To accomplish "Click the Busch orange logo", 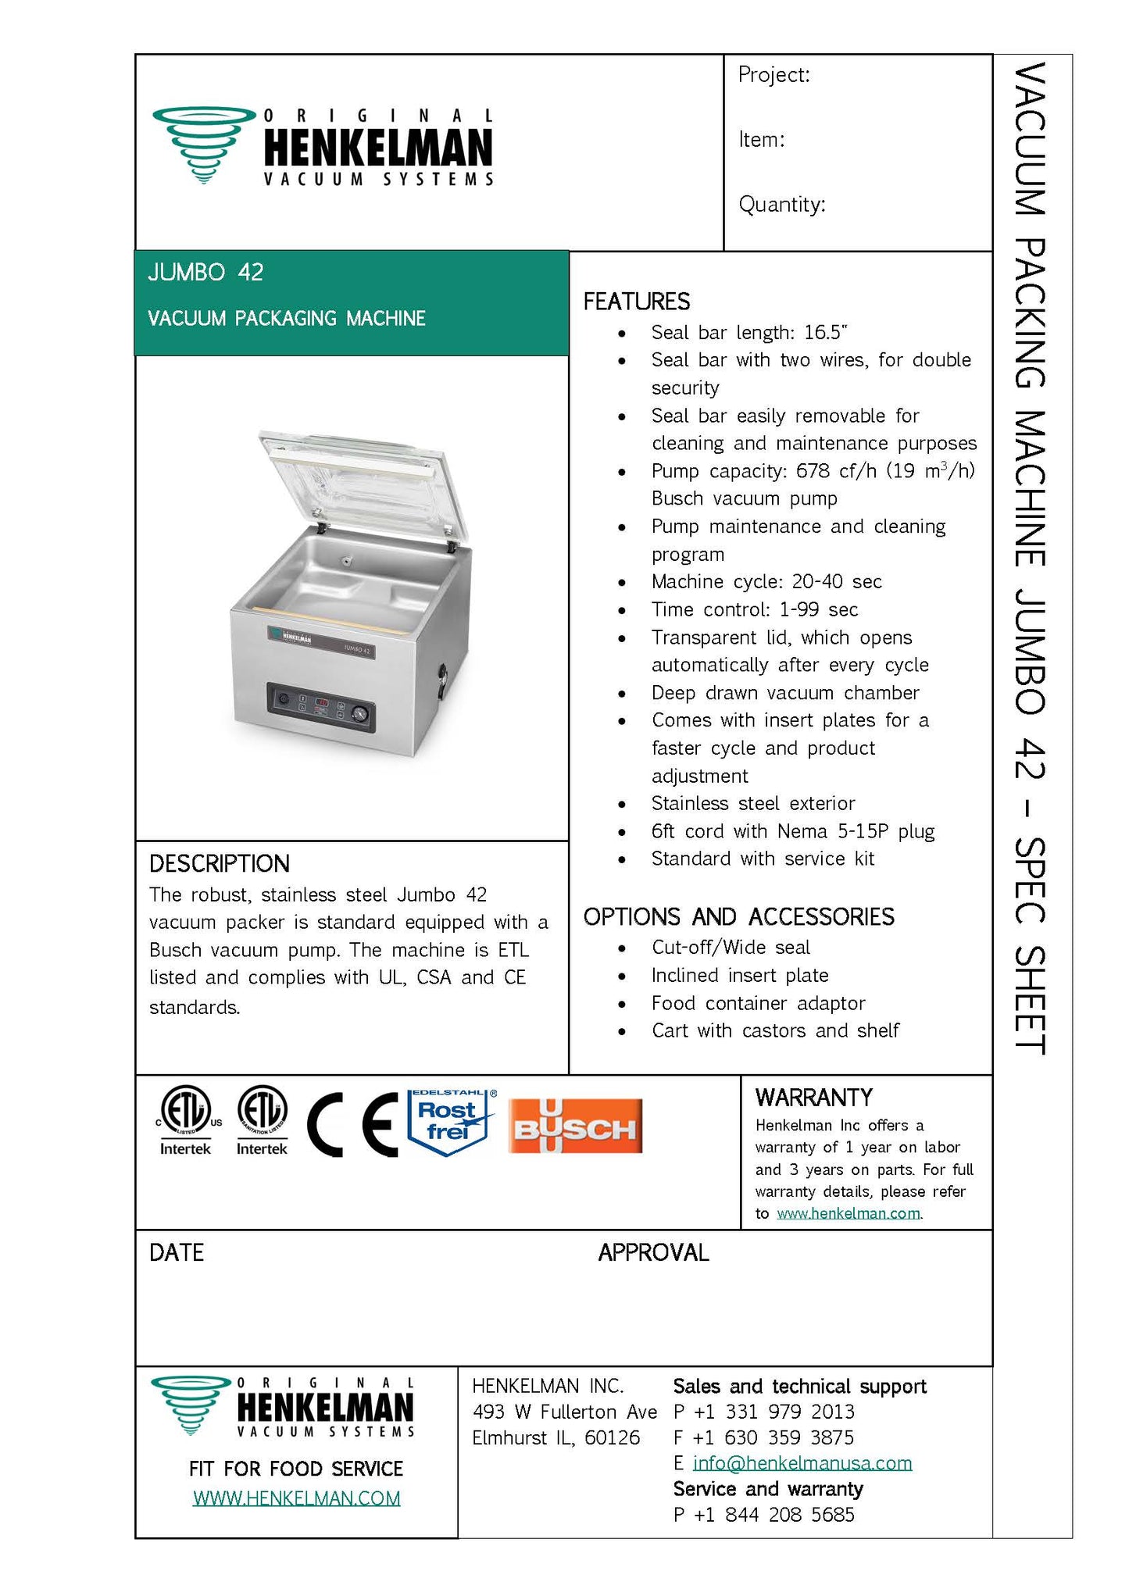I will point(575,1126).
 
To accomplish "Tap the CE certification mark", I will point(352,1125).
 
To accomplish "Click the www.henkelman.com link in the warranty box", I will point(848,1213).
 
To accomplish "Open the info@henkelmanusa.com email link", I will point(802,1462).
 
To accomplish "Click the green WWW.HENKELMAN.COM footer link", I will point(296,1498).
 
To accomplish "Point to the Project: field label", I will point(774,75).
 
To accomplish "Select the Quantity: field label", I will point(781,205).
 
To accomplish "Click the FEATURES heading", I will point(636,302).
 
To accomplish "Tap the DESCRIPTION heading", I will point(219,863).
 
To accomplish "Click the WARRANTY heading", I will point(813,1098).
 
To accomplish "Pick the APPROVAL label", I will point(653,1253).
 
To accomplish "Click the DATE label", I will point(177,1253).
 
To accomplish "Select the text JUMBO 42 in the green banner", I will point(205,273).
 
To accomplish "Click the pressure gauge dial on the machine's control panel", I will point(359,713).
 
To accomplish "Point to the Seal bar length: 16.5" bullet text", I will point(748,333).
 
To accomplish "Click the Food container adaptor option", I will point(758,1003).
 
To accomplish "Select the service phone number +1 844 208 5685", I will point(774,1515).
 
